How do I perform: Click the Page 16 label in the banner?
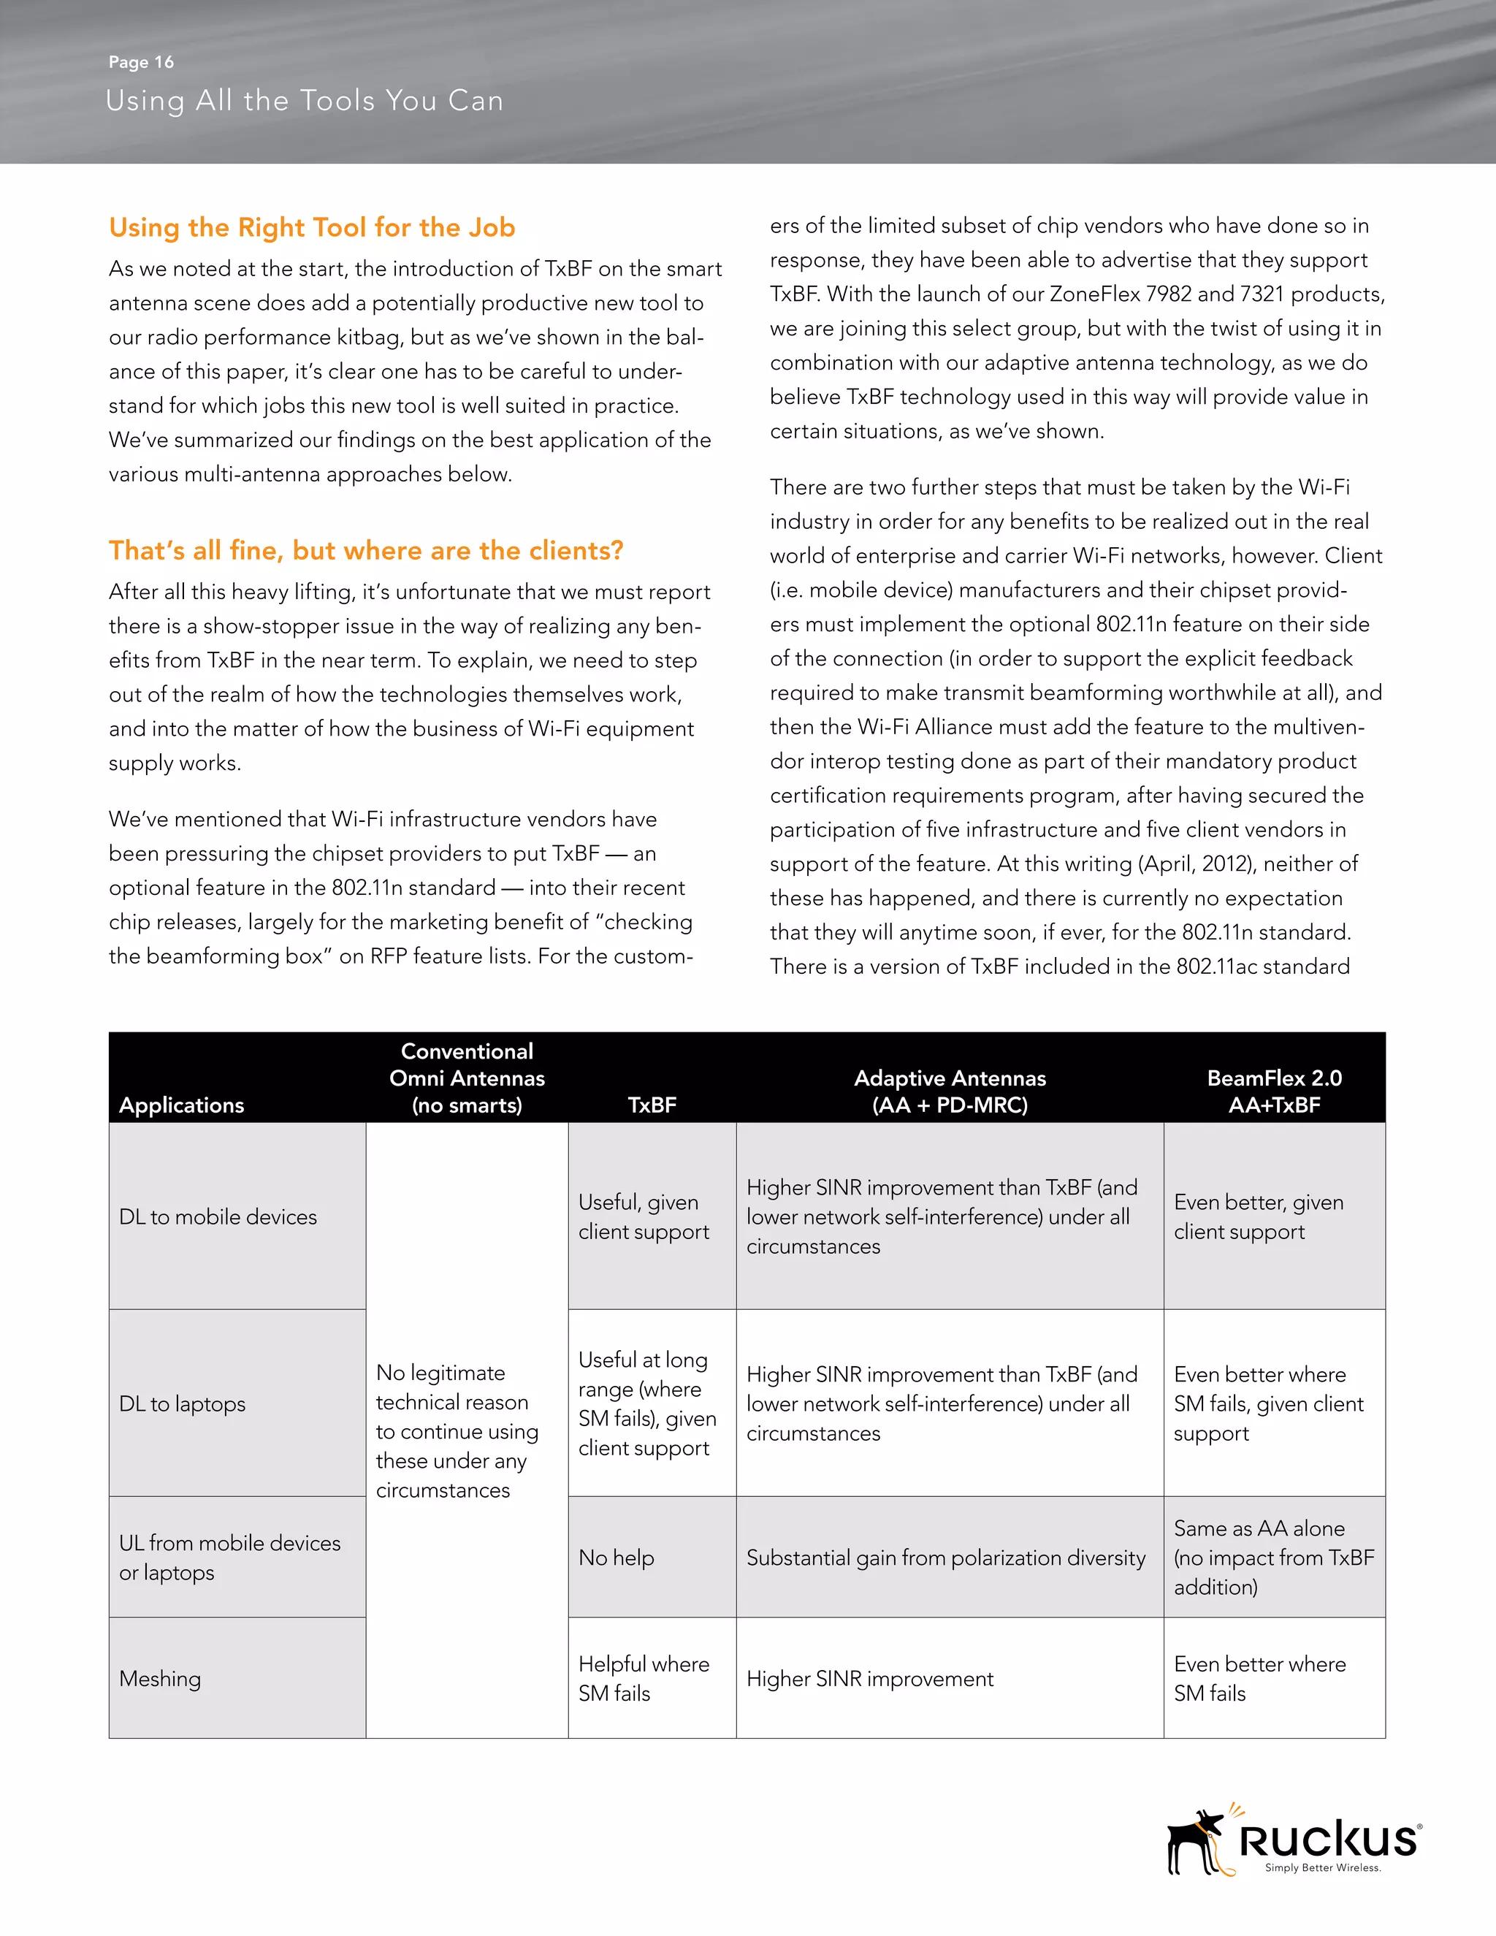141,62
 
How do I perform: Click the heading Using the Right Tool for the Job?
311,227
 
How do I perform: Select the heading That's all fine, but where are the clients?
365,551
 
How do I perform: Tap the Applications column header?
182,1105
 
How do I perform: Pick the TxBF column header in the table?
652,1105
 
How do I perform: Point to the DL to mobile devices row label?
218,1216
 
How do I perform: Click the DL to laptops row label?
183,1403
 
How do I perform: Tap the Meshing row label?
161,1678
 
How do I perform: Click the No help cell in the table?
617,1558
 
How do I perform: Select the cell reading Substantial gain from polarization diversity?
946,1558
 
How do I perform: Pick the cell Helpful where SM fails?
644,1678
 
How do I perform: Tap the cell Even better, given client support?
1258,1216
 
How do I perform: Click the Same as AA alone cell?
1272,1558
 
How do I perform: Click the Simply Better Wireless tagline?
1322,1868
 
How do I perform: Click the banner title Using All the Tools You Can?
304,100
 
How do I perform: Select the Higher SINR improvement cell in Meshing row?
869,1678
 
